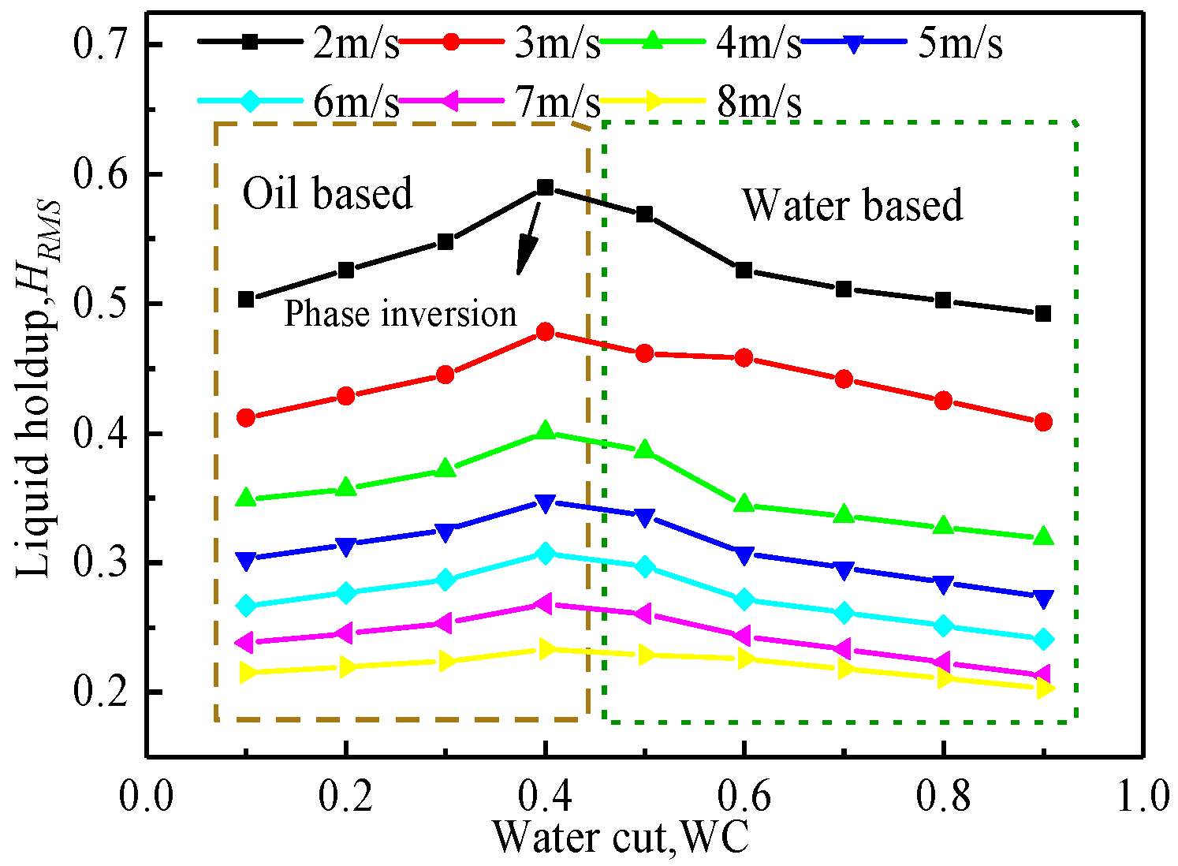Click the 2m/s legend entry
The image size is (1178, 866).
(300, 44)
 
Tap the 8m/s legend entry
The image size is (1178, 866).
(702, 102)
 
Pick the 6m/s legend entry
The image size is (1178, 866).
(300, 102)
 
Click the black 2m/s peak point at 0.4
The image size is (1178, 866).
(545, 187)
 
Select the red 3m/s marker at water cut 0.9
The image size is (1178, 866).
(1043, 422)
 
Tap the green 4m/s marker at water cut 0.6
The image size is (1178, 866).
(744, 504)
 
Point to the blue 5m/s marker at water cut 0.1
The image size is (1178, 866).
(246, 559)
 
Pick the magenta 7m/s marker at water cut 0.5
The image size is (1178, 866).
(643, 613)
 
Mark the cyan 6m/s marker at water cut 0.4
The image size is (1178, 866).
(545, 554)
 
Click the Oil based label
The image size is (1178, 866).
(327, 193)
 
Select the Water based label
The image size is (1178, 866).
(852, 205)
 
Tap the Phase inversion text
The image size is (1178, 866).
(400, 314)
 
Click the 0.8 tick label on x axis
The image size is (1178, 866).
(943, 797)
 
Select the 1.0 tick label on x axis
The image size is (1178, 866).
(1142, 797)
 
